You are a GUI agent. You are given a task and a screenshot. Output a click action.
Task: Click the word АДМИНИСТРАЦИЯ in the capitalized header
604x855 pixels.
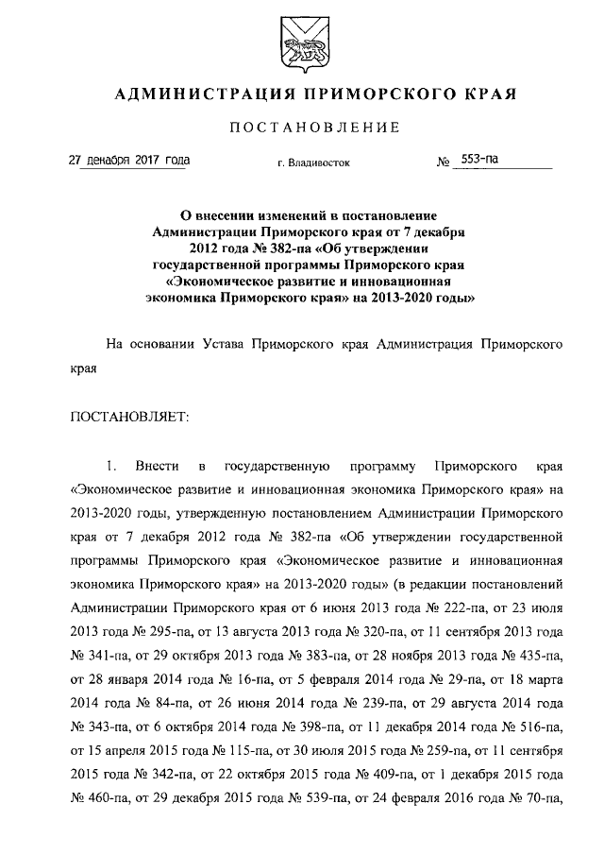tap(189, 94)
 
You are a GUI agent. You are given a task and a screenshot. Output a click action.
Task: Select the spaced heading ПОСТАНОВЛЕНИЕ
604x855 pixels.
tap(302, 128)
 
